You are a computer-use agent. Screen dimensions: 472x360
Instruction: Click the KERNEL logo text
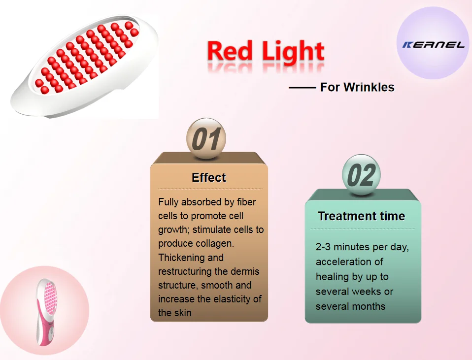click(x=434, y=45)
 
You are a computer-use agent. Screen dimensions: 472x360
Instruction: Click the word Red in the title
click(x=230, y=51)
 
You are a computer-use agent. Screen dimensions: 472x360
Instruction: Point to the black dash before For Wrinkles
click(x=302, y=88)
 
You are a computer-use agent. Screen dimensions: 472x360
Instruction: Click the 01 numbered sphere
click(x=206, y=138)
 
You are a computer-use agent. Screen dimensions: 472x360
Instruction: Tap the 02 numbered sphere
click(x=361, y=174)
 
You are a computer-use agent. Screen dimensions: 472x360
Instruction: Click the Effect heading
click(x=208, y=178)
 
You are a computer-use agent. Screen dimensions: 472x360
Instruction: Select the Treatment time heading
click(x=362, y=216)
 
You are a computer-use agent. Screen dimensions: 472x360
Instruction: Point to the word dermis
click(x=245, y=271)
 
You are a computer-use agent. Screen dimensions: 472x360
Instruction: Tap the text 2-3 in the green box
click(x=323, y=247)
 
